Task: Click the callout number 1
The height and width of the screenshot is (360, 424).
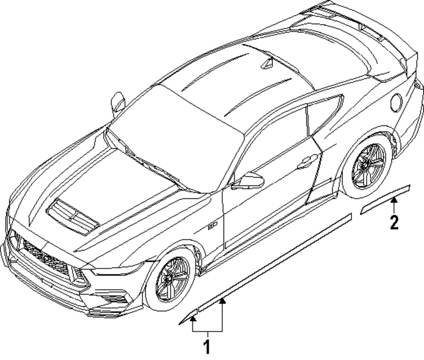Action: (x=207, y=346)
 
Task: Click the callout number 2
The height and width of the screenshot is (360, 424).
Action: (x=394, y=222)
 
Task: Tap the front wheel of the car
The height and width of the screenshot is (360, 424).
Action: (x=173, y=279)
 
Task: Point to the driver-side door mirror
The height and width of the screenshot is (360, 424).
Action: (x=248, y=181)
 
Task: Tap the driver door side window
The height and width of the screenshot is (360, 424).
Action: (x=276, y=140)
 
